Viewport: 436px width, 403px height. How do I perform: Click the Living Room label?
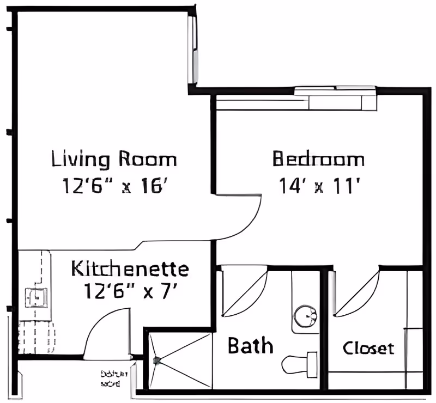(x=114, y=160)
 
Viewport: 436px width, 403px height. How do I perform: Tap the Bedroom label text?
(x=318, y=160)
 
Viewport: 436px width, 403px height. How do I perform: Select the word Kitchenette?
(x=130, y=269)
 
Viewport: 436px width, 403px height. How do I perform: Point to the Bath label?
(x=250, y=345)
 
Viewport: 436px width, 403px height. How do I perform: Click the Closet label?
(x=368, y=348)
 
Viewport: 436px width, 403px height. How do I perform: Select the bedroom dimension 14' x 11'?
(x=321, y=187)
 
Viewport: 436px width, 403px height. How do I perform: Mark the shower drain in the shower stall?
(x=157, y=360)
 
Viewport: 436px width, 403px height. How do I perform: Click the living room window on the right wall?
(x=192, y=49)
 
